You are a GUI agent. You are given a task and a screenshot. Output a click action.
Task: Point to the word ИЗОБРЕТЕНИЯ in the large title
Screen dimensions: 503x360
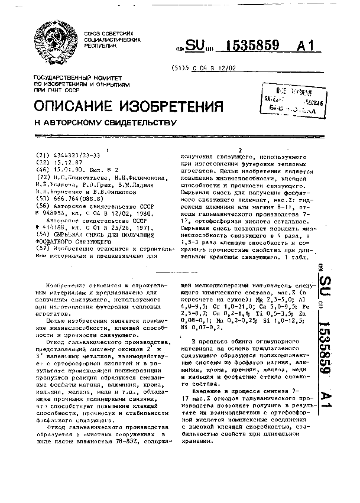[x=171, y=106]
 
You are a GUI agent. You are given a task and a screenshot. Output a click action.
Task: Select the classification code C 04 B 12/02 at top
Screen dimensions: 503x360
[x=218, y=68]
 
